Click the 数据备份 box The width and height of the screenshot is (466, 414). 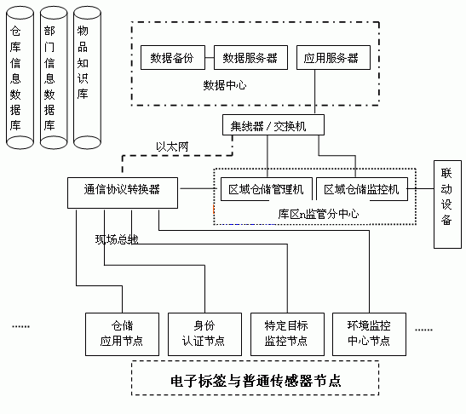coord(174,59)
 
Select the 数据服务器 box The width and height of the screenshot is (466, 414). coord(249,59)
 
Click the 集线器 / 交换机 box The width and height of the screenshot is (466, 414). coord(269,124)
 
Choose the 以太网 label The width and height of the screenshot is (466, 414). coord(171,147)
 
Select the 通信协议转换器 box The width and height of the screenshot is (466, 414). coord(123,189)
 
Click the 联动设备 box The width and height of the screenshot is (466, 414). coord(446,197)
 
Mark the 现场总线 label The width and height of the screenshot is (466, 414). coord(116,239)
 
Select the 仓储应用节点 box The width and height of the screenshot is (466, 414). coord(122,332)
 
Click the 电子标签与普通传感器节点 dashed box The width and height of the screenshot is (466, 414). coord(256,377)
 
